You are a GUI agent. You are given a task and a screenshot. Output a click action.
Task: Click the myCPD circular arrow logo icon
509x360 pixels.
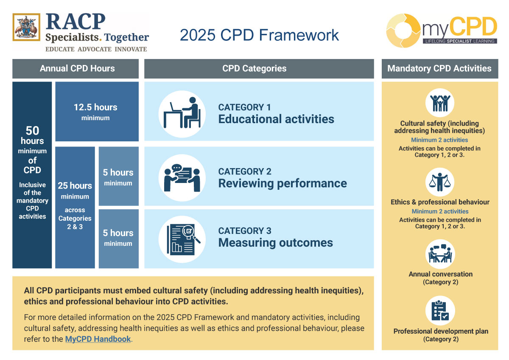[403, 31]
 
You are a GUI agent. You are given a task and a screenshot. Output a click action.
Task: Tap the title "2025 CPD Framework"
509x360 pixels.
[259, 35]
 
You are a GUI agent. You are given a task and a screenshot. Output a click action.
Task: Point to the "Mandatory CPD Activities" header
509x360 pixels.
[439, 68]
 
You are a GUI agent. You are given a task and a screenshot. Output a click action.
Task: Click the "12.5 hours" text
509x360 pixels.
[95, 107]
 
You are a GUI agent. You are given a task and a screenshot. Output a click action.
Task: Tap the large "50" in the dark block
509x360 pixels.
[32, 130]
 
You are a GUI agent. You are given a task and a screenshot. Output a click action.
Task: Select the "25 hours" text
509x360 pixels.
[75, 186]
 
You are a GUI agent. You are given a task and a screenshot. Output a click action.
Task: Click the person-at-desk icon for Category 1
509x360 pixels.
[182, 114]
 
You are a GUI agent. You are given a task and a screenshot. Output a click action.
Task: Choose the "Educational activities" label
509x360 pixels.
[276, 119]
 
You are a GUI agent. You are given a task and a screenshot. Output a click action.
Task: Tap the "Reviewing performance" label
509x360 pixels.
[282, 183]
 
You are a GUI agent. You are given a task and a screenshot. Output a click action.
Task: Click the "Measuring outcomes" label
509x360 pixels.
[275, 243]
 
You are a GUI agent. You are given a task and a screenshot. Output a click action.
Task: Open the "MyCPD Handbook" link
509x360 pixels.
[98, 339]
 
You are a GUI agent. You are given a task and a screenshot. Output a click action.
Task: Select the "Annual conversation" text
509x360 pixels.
[440, 274]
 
